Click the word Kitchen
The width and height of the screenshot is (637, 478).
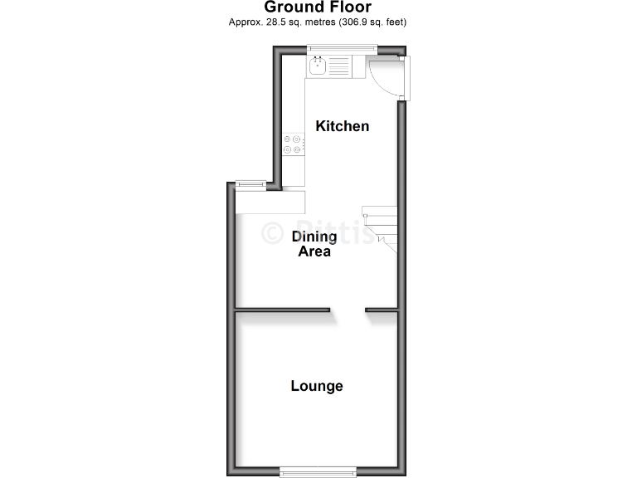[342, 126]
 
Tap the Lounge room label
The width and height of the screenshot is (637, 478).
[316, 386]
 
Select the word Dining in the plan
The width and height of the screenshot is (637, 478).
[314, 237]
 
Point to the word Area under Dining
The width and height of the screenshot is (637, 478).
[314, 251]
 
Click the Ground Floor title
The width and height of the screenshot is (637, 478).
[318, 7]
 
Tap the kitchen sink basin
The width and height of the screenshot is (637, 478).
[318, 64]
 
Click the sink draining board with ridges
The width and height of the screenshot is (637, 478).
[340, 64]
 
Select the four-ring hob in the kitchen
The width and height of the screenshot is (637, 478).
[293, 144]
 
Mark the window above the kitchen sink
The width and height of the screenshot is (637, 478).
[341, 48]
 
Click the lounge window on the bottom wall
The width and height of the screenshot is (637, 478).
[318, 471]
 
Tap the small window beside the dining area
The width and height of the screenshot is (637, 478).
[250, 184]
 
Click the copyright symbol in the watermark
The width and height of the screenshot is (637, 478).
[273, 233]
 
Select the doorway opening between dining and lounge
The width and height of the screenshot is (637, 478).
[348, 311]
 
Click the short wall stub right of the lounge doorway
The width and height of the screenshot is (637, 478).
[382, 311]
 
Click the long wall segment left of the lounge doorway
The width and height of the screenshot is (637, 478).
[282, 311]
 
